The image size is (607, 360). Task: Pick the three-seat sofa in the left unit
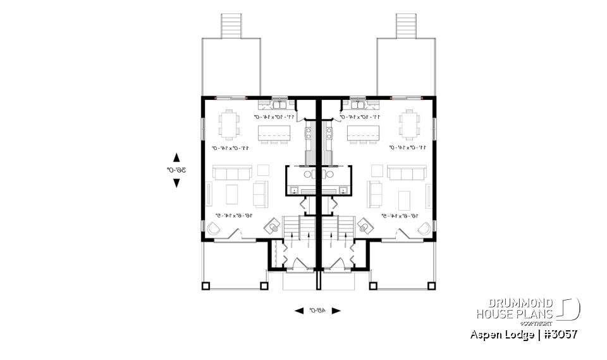pyautogui.click(x=232, y=173)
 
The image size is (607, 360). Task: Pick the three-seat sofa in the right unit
pyautogui.click(x=406, y=173)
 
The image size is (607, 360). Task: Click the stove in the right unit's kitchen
pyautogui.click(x=329, y=133)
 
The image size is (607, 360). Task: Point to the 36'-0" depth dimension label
pyautogui.click(x=172, y=170)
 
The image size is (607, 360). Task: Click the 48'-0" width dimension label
pyautogui.click(x=317, y=311)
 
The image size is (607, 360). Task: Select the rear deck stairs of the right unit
pyautogui.click(x=405, y=25)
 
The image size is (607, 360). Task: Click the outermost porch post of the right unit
pyautogui.click(x=432, y=285)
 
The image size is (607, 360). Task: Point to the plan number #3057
pyautogui.click(x=559, y=334)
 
